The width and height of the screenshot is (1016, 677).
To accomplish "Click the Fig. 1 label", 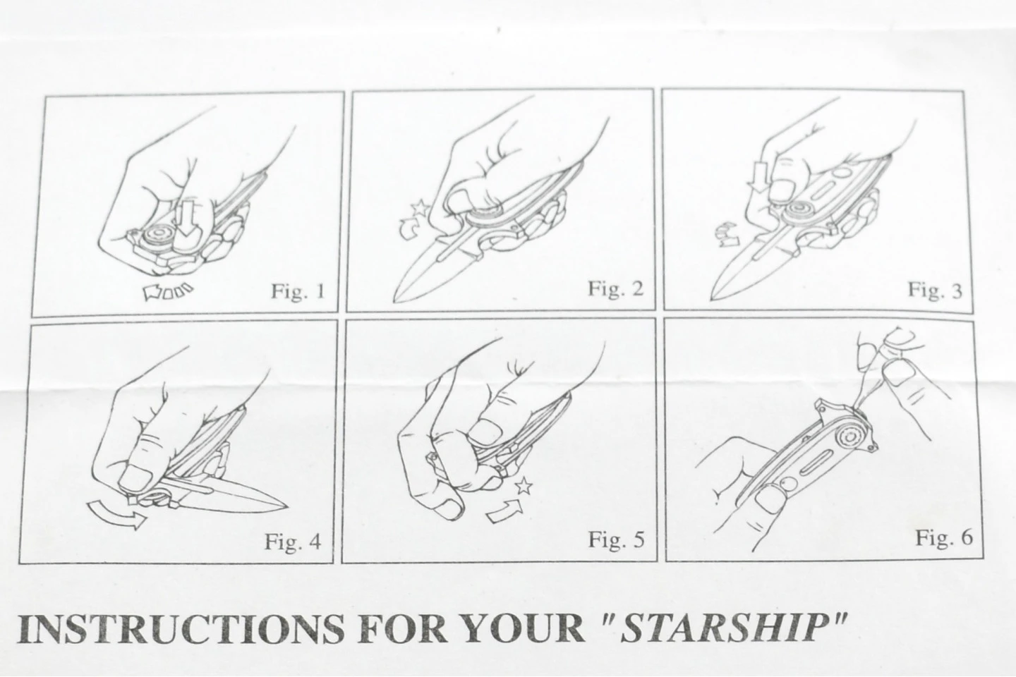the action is [298, 291].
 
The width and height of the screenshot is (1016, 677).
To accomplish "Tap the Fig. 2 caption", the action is [615, 288].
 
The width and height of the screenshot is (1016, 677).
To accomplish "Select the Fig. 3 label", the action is [934, 291].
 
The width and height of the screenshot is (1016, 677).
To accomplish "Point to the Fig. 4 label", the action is [293, 542].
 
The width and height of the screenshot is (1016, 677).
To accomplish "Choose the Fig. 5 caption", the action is [616, 539].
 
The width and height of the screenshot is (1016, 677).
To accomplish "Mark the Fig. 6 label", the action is [944, 538].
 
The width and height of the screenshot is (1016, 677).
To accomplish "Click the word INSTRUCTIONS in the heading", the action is [180, 628].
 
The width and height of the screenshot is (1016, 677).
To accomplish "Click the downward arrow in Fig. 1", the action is [186, 222].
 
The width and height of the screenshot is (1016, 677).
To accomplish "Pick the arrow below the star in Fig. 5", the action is [504, 511].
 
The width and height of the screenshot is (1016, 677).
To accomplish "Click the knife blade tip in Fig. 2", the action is [394, 301].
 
